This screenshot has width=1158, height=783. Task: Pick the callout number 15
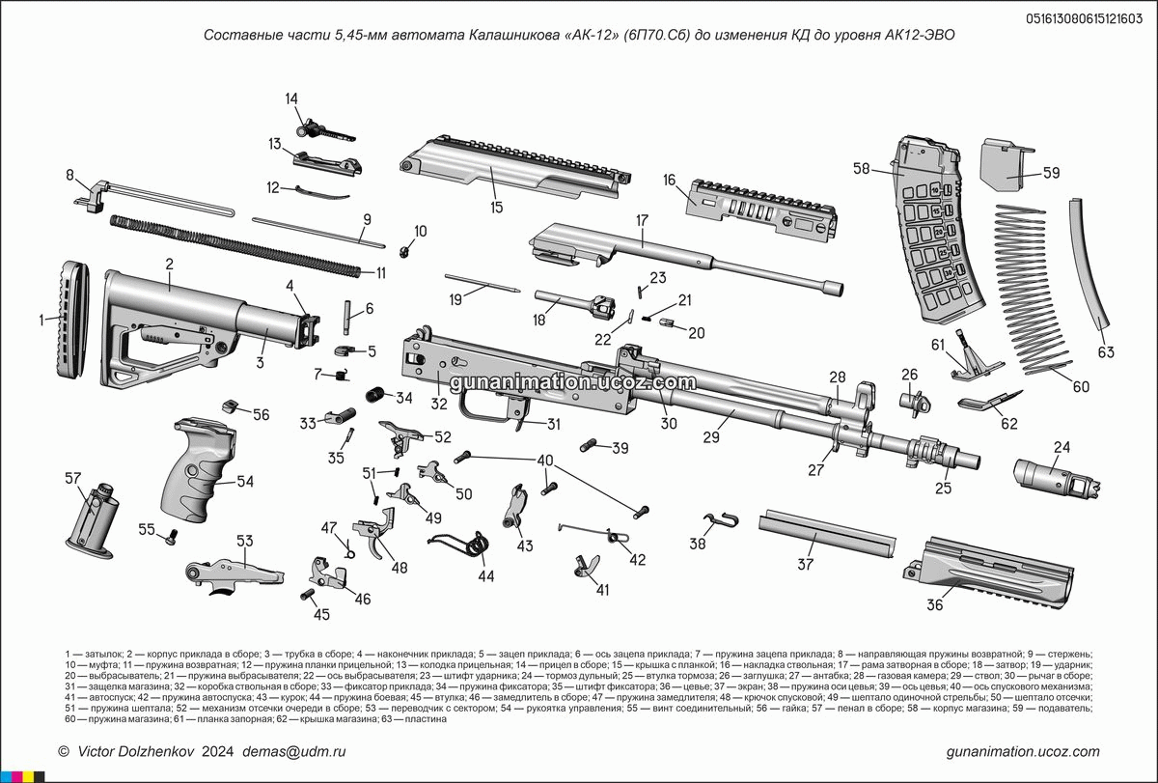(x=497, y=207)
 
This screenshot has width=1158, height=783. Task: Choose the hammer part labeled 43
(x=516, y=507)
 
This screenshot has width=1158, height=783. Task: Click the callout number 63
(x=1106, y=352)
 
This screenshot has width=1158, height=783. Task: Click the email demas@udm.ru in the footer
(x=293, y=751)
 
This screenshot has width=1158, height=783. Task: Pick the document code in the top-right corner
(x=1085, y=16)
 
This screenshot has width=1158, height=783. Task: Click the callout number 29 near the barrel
(x=712, y=437)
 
